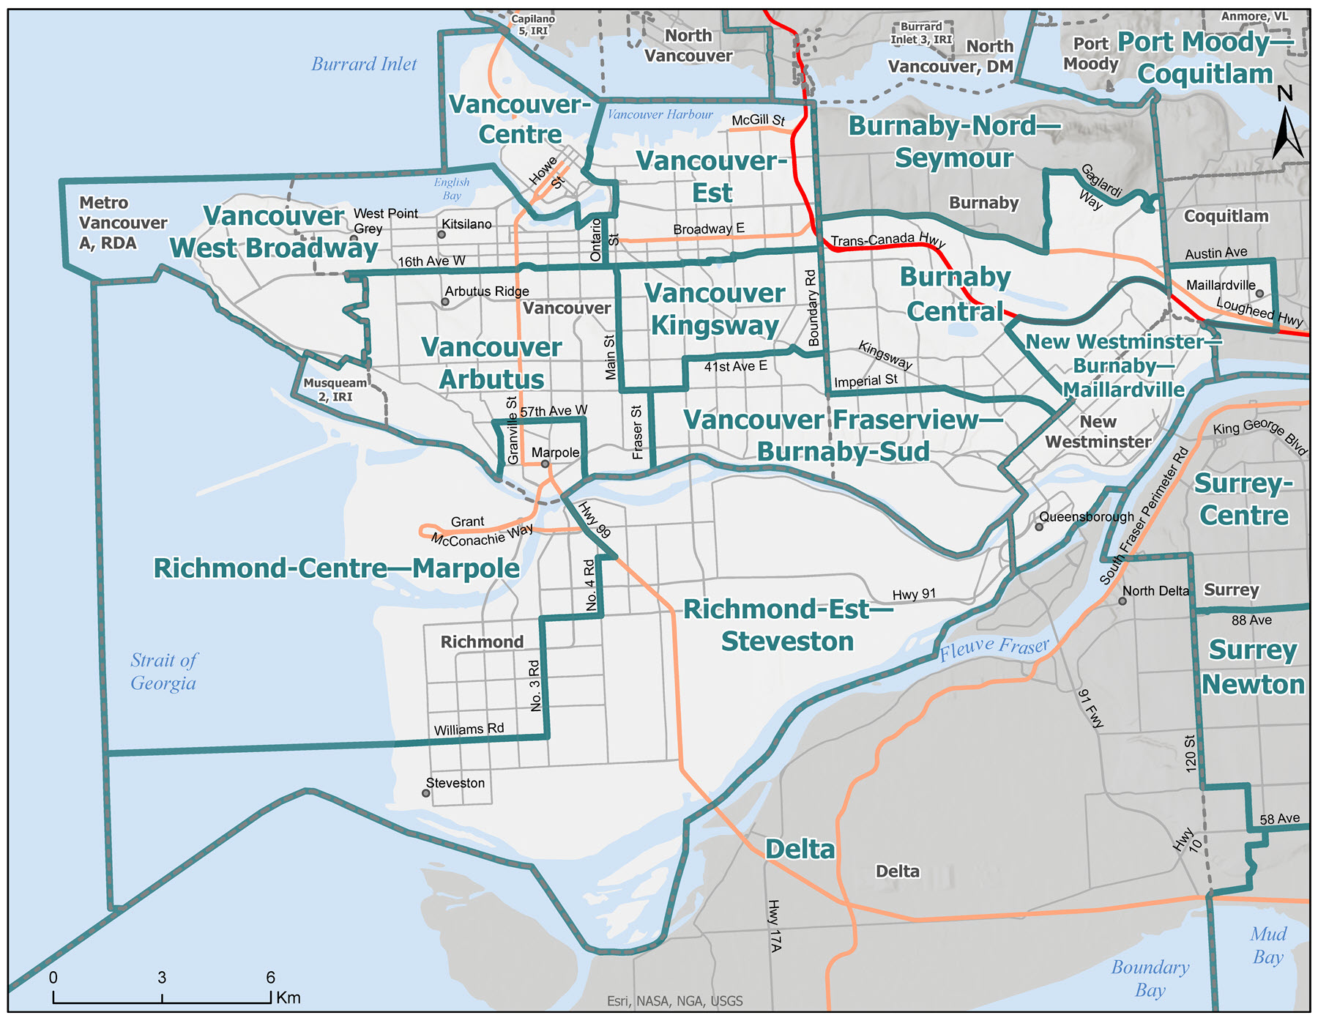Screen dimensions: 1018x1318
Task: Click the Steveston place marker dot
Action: coord(425,793)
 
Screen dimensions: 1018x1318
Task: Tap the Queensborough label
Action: coord(1086,516)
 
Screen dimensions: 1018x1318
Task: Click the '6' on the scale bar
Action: coord(270,977)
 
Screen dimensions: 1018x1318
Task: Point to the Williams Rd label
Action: coord(469,729)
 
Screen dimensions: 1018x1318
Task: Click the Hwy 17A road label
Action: coord(775,925)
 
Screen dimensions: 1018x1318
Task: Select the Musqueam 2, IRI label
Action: coord(335,390)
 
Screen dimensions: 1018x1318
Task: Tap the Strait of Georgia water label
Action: coord(163,671)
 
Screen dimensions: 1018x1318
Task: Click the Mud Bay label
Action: coord(1268,945)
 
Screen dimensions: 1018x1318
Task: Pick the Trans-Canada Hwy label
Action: coord(887,239)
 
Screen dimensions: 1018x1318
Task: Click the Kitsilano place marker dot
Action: coord(442,234)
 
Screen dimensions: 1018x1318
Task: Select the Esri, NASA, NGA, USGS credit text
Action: coord(674,1000)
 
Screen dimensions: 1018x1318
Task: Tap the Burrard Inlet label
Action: coord(364,64)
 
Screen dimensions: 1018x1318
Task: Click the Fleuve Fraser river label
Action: coord(994,648)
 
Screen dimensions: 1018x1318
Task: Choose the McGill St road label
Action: coord(758,119)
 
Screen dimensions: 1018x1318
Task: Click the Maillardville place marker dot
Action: coord(1259,293)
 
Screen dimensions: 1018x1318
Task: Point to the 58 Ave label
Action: coord(1279,819)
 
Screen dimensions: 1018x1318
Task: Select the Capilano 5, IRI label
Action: coord(533,25)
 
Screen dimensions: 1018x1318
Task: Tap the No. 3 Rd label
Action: coord(535,686)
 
